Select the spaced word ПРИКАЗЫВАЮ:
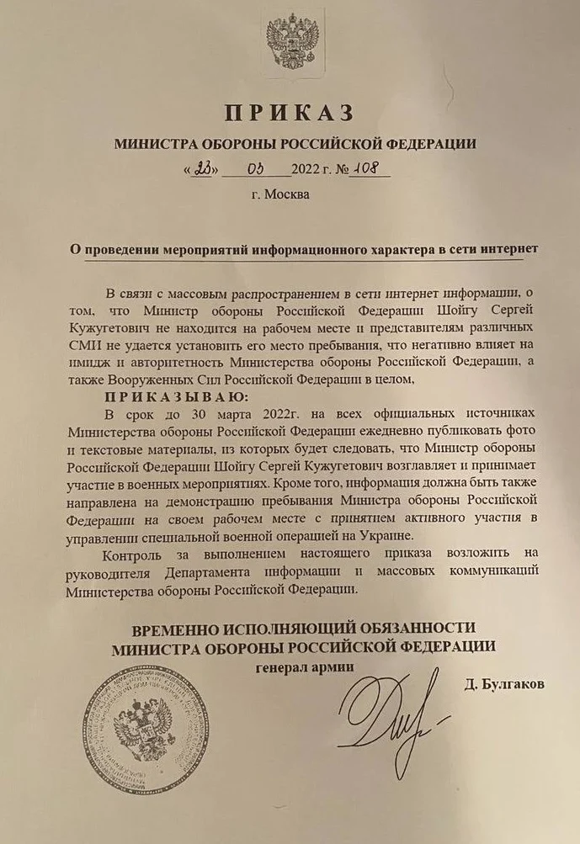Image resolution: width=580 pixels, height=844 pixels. [x=176, y=397]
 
